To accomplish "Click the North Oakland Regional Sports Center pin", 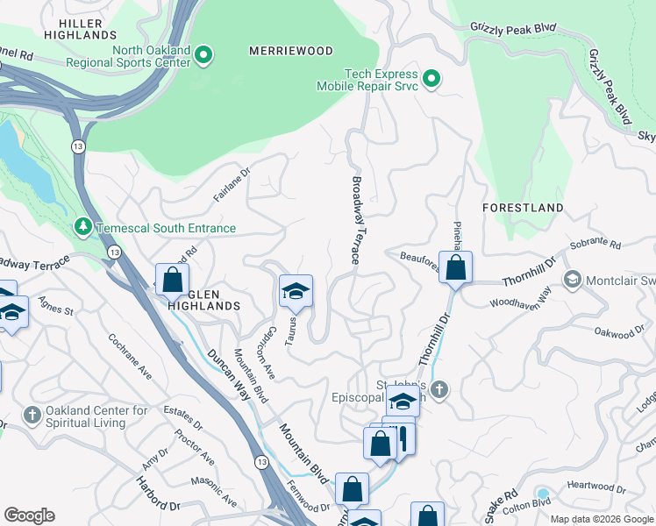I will [203, 56].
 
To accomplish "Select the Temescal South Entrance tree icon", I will [83, 228].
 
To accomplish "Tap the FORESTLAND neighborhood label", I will [523, 208].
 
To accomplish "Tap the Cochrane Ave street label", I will [130, 356].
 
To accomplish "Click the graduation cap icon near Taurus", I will [296, 291].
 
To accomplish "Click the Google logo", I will [29, 515].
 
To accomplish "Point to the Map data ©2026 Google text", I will [602, 519].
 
